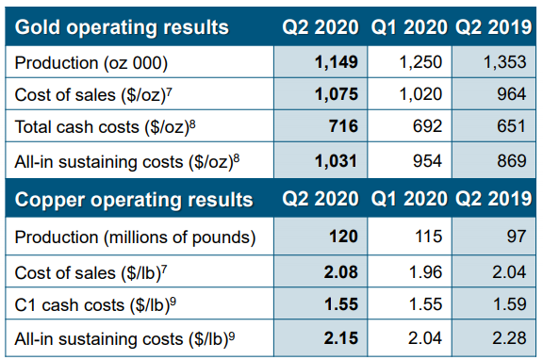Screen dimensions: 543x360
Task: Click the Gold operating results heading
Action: tap(122, 27)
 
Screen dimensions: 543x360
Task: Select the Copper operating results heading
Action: tap(134, 200)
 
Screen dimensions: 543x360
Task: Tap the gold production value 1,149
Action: tap(337, 62)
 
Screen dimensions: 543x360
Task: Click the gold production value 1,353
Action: tap(504, 62)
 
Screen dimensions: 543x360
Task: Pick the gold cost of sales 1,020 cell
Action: tap(420, 94)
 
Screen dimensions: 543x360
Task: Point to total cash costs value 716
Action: tap(343, 126)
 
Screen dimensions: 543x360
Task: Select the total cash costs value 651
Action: tap(512, 126)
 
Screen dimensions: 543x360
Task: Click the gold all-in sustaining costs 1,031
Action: tap(336, 161)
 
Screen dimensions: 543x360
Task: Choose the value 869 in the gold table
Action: tap(512, 161)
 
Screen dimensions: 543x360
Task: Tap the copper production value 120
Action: tap(343, 237)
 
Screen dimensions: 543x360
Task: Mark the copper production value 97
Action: tap(517, 237)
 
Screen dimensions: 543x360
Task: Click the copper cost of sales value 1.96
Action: tap(425, 272)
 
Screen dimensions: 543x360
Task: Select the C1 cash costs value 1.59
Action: tap(509, 304)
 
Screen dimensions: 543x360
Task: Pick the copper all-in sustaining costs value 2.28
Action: tap(509, 338)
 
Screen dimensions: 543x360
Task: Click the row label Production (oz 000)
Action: tap(91, 63)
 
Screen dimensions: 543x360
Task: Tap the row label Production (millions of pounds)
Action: tap(135, 237)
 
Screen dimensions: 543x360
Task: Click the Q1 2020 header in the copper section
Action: tap(409, 199)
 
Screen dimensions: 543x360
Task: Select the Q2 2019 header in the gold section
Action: tap(493, 27)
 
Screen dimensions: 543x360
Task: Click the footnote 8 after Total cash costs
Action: tap(192, 123)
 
